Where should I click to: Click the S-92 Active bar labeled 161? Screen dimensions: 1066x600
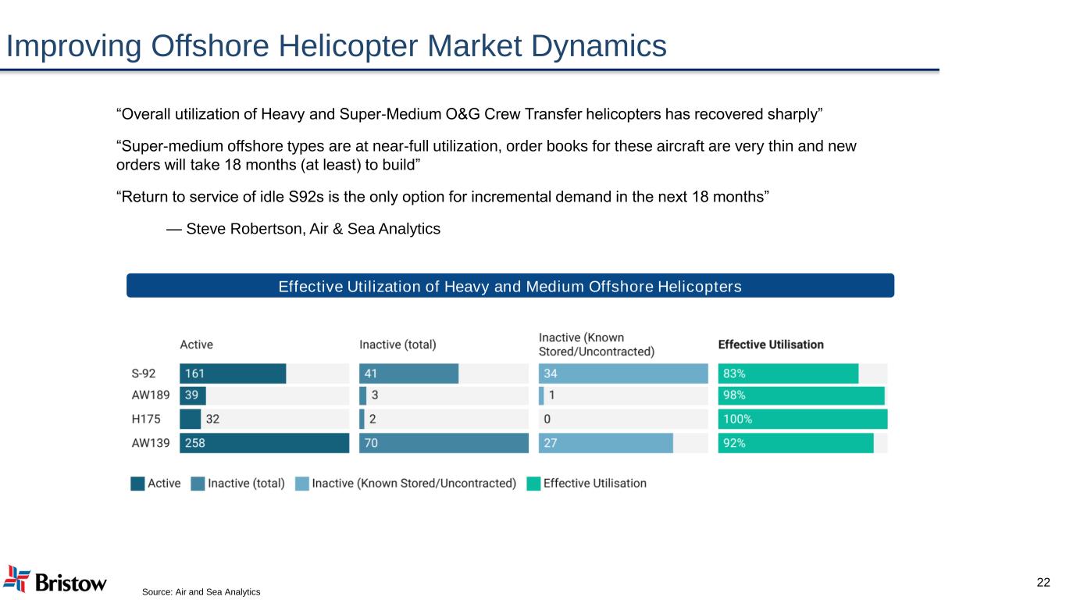[233, 373]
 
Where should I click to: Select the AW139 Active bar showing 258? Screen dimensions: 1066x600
[264, 443]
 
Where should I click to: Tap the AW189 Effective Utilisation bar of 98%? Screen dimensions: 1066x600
[801, 396]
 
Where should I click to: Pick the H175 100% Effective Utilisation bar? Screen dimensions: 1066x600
[802, 419]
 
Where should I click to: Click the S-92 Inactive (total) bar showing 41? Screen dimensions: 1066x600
[408, 373]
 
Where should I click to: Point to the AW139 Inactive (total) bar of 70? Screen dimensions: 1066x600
[444, 443]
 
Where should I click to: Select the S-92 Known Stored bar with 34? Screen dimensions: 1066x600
[623, 373]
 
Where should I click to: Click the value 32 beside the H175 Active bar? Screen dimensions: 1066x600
[212, 419]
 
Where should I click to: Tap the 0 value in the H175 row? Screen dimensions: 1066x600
[547, 419]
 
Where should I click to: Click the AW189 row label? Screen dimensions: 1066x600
[151, 395]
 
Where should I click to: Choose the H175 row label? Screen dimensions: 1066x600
[145, 419]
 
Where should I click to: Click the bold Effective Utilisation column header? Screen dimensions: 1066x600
[771, 345]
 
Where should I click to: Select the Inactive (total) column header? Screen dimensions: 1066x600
[398, 345]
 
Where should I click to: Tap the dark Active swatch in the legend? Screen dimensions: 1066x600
[137, 484]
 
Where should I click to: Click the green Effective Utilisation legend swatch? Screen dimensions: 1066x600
[533, 484]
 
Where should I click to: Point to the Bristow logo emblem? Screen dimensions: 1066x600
[16, 579]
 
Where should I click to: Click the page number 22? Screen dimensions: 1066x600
[1043, 582]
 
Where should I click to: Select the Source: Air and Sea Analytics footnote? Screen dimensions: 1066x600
[201, 592]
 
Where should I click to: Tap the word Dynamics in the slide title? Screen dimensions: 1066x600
[599, 46]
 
